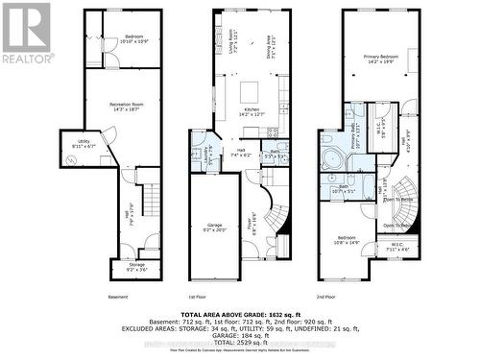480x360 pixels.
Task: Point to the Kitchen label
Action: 251,113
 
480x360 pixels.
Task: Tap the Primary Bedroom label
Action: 380,60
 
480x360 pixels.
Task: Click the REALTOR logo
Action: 26,34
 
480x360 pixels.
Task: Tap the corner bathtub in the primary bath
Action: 334,158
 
